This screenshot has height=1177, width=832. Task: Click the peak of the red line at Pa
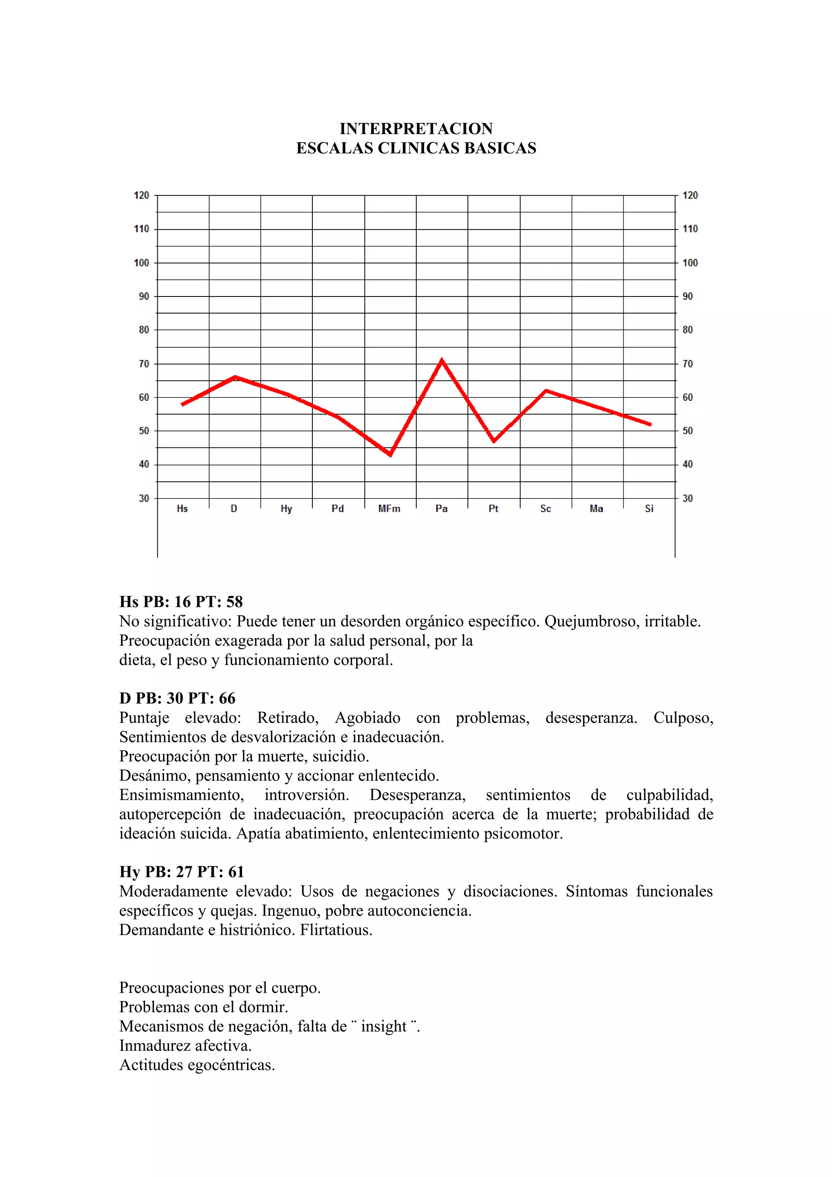coord(441,360)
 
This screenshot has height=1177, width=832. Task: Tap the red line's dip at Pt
coord(494,441)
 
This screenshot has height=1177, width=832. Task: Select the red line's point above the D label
coord(235,377)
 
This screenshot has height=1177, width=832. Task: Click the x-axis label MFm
coord(389,508)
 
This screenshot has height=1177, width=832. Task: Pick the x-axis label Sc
coord(546,508)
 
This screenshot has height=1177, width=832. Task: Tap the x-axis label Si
coord(649,508)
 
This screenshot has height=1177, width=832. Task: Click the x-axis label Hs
coord(182,508)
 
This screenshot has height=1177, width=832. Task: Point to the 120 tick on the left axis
coord(141,195)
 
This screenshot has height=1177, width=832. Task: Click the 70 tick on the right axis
coord(687,364)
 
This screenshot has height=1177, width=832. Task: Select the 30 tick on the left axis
coord(143,498)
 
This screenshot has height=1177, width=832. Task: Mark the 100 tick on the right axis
coord(690,263)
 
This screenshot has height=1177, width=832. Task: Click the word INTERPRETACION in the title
coord(416,128)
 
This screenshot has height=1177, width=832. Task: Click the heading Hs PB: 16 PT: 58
coord(181,602)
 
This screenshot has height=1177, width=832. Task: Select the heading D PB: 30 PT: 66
coord(177,698)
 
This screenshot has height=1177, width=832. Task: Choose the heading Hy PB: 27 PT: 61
coord(182,872)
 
